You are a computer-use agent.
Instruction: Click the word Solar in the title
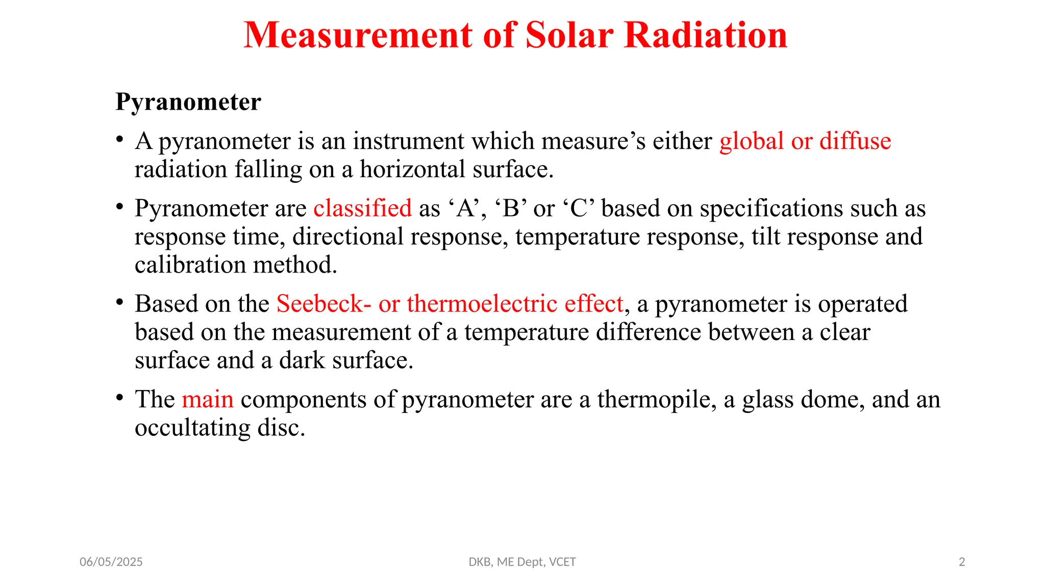[569, 36]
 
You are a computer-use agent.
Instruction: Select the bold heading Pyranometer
[188, 102]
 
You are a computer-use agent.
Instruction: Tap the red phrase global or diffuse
[805, 141]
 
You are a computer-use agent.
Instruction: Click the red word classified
[362, 208]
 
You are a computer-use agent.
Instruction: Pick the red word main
[208, 399]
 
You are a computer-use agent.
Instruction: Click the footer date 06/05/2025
[111, 562]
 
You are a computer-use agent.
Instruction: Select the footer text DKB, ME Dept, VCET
[522, 562]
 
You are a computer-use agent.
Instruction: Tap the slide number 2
[962, 562]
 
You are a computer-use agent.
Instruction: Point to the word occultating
[192, 428]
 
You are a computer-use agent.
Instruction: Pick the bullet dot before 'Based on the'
[119, 302]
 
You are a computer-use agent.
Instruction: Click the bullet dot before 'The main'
[119, 398]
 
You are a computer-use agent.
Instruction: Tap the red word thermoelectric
[482, 304]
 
